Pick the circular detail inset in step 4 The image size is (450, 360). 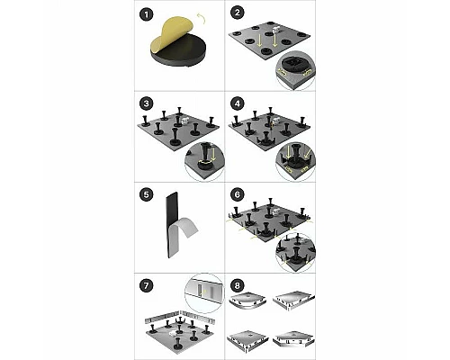pyautogui.click(x=294, y=159)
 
